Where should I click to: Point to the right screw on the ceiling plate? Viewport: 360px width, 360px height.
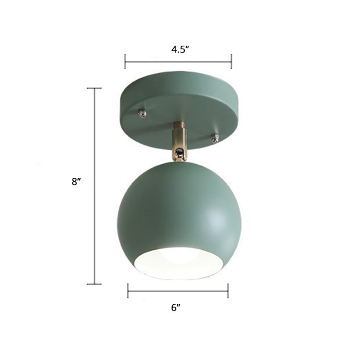pos(216,138)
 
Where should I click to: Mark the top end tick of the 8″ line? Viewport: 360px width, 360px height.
pos(94,88)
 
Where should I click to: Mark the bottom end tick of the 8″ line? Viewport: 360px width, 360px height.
pos(94,284)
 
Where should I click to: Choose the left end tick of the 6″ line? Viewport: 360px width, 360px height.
pos(128,291)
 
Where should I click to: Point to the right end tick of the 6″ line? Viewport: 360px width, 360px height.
pos(228,291)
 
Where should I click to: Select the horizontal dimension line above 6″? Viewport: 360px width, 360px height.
pos(178,291)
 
